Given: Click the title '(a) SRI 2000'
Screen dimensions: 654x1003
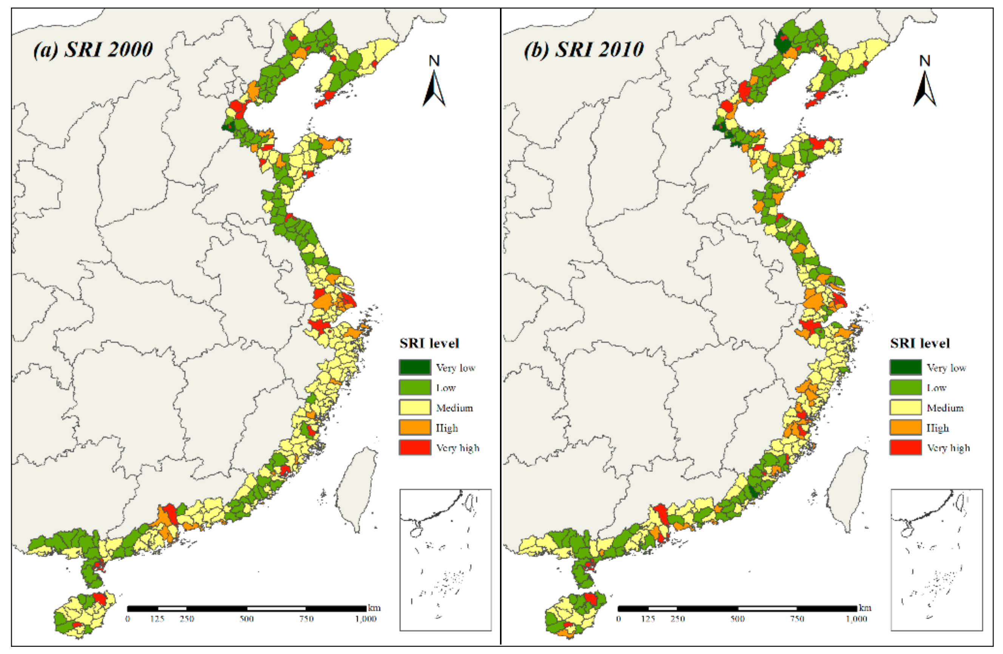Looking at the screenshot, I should (x=93, y=50).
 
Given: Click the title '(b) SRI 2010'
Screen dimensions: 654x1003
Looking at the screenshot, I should (x=584, y=50).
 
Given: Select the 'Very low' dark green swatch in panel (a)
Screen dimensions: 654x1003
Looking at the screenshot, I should (x=415, y=367).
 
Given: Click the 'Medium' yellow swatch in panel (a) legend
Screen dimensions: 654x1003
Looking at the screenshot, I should (x=415, y=407).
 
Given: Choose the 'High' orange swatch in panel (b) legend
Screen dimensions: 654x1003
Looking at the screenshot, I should (x=906, y=427).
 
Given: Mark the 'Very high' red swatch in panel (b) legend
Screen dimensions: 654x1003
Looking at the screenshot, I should (x=906, y=447).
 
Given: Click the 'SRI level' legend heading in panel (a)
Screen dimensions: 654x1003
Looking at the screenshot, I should (x=429, y=344).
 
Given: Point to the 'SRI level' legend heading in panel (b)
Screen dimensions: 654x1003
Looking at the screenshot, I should (x=920, y=344).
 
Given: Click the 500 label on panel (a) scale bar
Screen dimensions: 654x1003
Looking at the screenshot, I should (x=247, y=619).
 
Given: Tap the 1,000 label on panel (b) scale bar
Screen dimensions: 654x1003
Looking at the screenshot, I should (x=856, y=619).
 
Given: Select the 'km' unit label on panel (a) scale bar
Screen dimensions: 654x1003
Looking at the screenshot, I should (x=374, y=608).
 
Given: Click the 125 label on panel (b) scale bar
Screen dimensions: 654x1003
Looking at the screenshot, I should (x=648, y=619).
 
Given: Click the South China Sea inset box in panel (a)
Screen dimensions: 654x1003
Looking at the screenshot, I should (x=446, y=560).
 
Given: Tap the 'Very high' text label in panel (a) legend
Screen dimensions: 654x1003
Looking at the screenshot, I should (x=458, y=448).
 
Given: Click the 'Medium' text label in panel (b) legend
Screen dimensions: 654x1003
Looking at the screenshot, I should (x=945, y=408).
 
